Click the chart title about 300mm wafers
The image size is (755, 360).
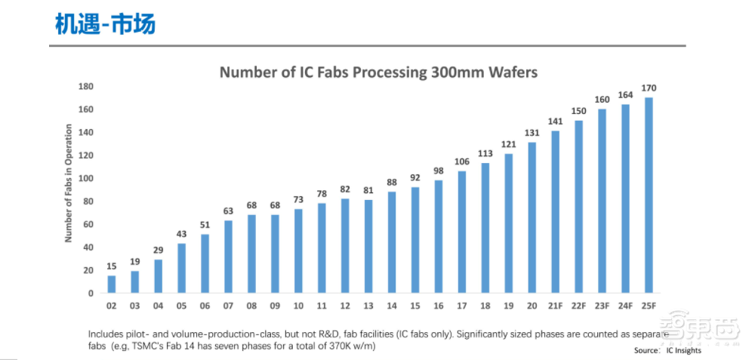378,72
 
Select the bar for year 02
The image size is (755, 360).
112,284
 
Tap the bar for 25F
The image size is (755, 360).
648,195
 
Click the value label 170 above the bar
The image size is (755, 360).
648,88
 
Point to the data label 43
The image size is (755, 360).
182,235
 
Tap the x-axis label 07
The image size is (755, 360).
228,305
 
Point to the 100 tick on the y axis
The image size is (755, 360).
86,178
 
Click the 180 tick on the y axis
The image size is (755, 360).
86,86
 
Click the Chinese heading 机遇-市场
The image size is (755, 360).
105,23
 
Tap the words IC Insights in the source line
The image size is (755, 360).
683,350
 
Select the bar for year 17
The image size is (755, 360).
462,232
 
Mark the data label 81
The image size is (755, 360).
368,190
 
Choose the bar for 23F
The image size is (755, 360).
602,201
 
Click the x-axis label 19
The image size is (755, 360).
509,305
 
